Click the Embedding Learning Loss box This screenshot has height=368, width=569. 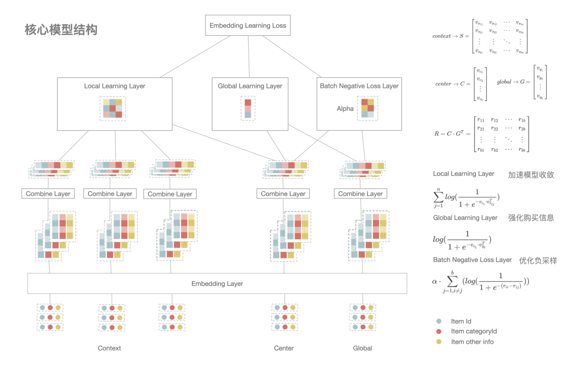pyautogui.click(x=248, y=25)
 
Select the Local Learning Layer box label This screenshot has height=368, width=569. pyautogui.click(x=114, y=86)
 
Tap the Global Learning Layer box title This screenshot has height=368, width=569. pyautogui.click(x=250, y=86)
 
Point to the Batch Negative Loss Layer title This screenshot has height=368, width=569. pyautogui.click(x=359, y=86)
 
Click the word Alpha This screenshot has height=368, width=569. pyautogui.click(x=345, y=108)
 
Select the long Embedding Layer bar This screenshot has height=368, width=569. pyautogui.click(x=217, y=283)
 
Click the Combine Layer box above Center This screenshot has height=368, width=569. pyautogui.click(x=283, y=194)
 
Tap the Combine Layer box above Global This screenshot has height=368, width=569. pyautogui.click(x=360, y=194)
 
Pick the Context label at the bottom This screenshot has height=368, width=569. pyautogui.click(x=109, y=348)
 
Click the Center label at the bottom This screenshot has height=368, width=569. pyautogui.click(x=283, y=348)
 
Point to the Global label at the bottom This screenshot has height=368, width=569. pyautogui.click(x=362, y=348)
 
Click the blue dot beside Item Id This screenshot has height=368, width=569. pyautogui.click(x=439, y=321)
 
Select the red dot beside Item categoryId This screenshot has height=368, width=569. pyautogui.click(x=439, y=331)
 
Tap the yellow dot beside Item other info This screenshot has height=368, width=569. pyautogui.click(x=439, y=342)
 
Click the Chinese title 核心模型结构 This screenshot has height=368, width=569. pyautogui.click(x=61, y=29)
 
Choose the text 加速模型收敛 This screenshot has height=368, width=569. pyautogui.click(x=531, y=175)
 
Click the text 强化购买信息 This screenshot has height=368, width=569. pyautogui.click(x=531, y=217)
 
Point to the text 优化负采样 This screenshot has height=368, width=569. pyautogui.click(x=538, y=260)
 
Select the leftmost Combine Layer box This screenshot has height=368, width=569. pyautogui.click(x=48, y=194)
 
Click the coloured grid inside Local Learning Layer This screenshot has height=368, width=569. pyautogui.click(x=113, y=108)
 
